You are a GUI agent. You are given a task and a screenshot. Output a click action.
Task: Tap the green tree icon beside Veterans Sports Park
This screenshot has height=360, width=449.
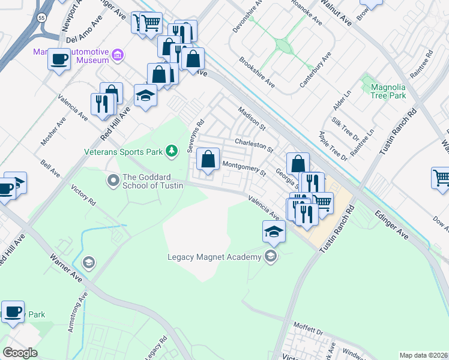tap(172, 151)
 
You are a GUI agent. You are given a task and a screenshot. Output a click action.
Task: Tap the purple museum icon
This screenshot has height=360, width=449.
tap(118, 56)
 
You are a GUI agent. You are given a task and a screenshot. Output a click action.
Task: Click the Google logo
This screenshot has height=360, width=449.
tap(20, 353)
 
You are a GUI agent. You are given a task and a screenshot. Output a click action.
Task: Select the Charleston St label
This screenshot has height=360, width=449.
tap(254, 144)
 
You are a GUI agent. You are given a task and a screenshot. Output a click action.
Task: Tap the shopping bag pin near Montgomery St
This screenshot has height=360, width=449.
tap(208, 160)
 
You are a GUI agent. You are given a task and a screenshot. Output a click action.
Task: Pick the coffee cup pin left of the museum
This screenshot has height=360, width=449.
tap(59, 59)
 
